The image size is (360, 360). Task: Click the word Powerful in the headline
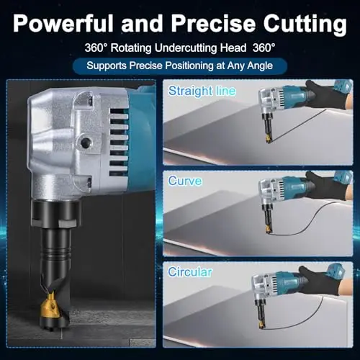coord(63,23)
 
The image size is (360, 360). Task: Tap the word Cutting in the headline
coord(305,25)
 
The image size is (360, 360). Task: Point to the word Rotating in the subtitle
coord(131,48)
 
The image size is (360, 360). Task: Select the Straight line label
coord(202,91)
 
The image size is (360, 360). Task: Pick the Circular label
coord(190,272)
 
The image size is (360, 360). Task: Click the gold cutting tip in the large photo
coord(51,307)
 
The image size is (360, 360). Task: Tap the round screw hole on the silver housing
coord(85,143)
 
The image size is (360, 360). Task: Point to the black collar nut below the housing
coord(55,214)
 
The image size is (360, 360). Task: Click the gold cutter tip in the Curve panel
coord(269,230)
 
